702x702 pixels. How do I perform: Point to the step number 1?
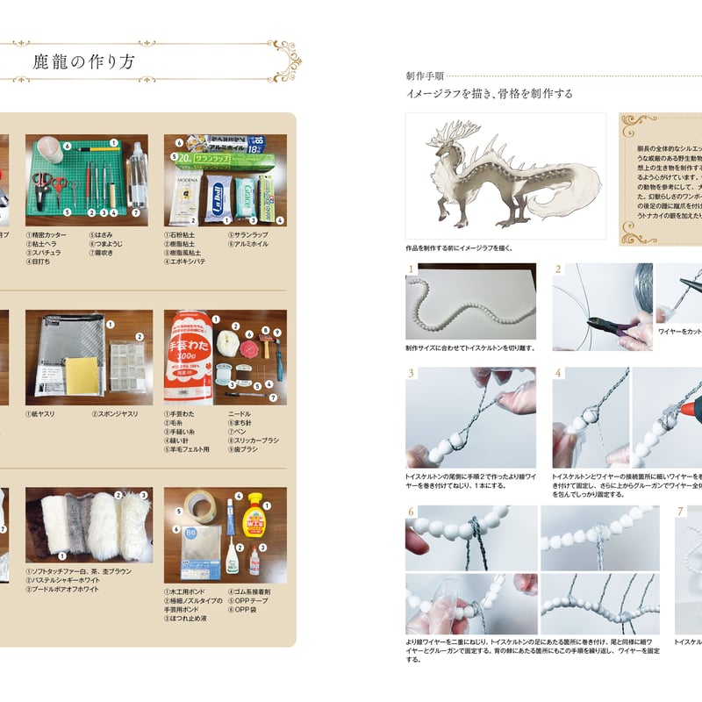click(x=411, y=269)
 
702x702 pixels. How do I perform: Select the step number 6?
click(x=411, y=512)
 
